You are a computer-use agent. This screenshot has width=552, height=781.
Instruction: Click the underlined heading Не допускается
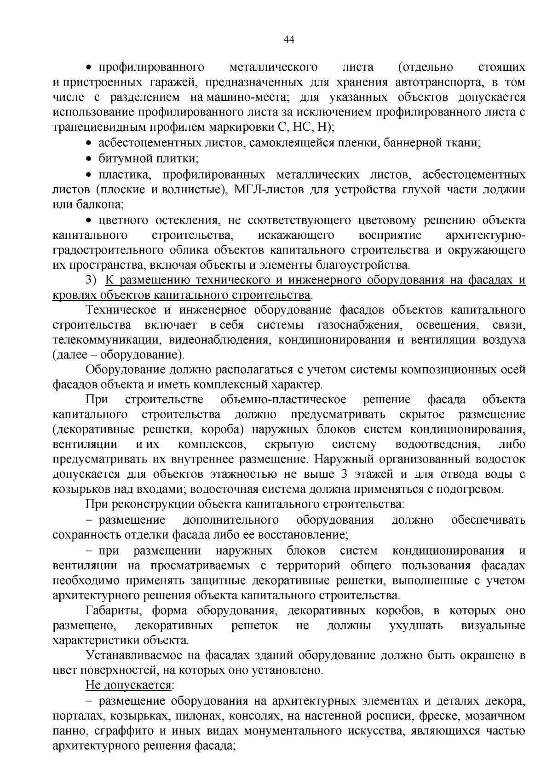point(128,685)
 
